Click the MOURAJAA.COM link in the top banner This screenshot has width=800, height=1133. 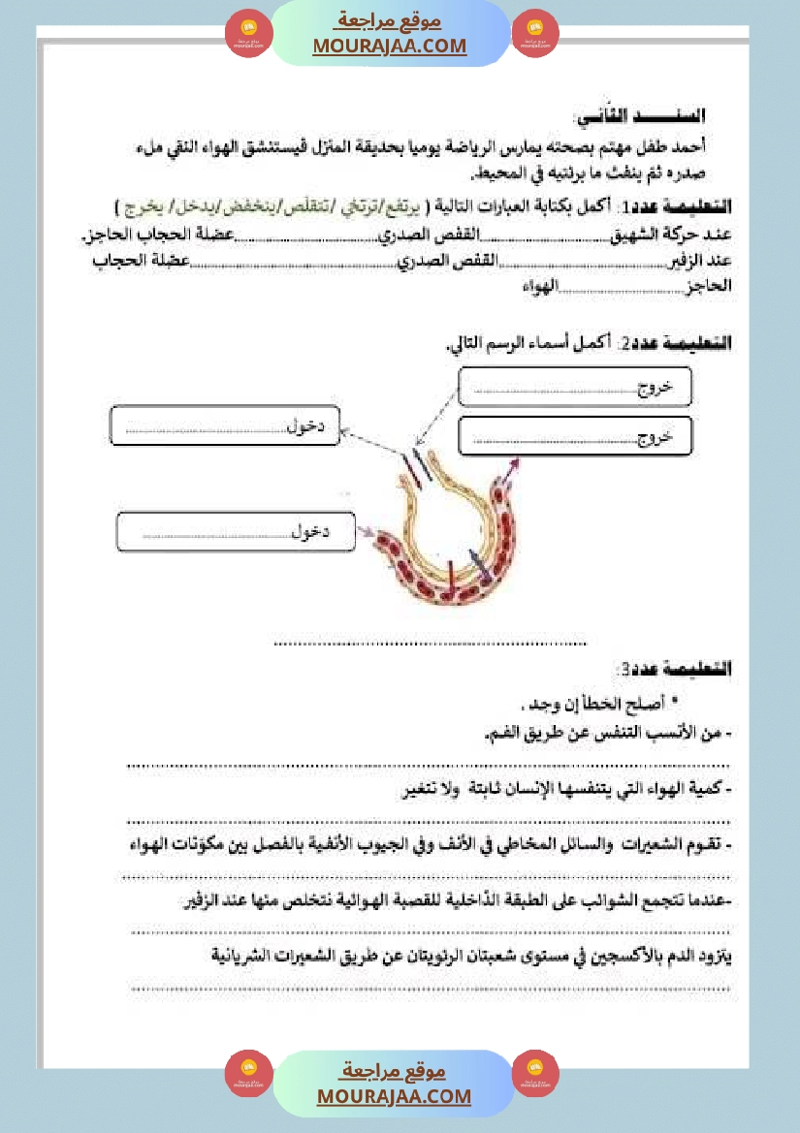(x=390, y=47)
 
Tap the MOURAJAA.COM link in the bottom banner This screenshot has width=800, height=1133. (x=394, y=1096)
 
